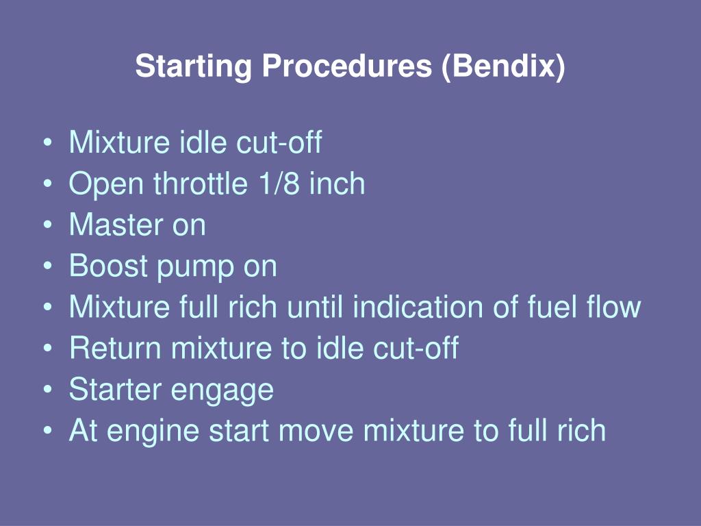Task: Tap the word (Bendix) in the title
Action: [x=504, y=67]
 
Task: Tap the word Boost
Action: [x=108, y=266]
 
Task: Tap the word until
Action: [x=316, y=308]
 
